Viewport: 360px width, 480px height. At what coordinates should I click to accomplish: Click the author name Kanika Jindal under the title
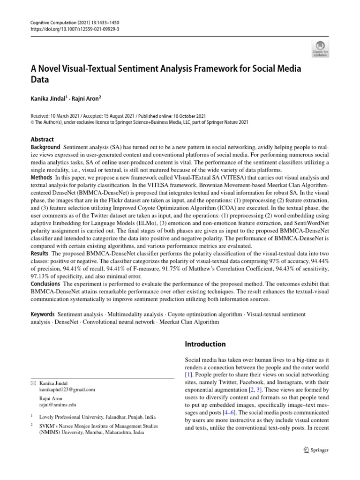coord(48,99)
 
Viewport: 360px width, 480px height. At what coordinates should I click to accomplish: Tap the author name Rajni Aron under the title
coord(84,99)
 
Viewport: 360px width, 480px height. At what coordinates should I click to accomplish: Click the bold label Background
coord(45,147)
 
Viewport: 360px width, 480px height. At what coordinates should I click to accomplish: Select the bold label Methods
coord(42,178)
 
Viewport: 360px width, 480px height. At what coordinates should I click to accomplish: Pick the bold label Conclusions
coord(45,284)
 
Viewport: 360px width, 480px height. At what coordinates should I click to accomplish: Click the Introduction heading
coord(206,344)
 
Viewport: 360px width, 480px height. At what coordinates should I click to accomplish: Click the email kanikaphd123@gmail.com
coord(67,389)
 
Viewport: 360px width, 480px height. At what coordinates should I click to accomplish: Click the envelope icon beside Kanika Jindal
coord(33,383)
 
